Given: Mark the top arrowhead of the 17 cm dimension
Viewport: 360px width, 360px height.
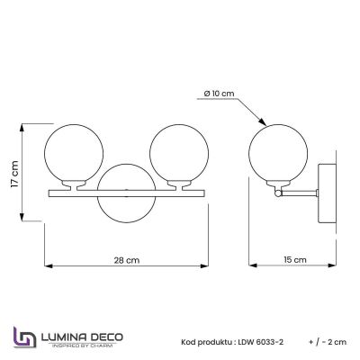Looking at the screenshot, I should tap(24, 125).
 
